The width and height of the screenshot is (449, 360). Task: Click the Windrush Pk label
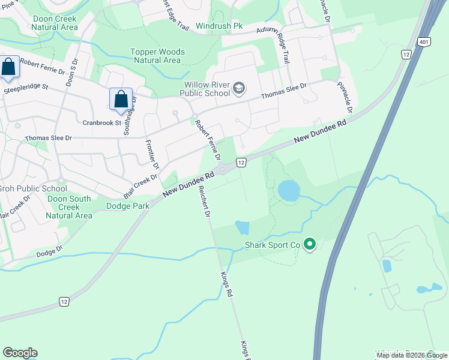click(x=219, y=27)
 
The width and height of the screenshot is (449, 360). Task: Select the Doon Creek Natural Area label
click(x=55, y=23)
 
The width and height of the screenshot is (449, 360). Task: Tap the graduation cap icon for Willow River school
click(x=238, y=89)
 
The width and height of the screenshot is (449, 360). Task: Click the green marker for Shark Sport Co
click(x=310, y=244)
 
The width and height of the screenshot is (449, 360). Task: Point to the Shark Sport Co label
click(x=272, y=245)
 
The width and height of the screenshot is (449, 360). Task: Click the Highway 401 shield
click(x=424, y=41)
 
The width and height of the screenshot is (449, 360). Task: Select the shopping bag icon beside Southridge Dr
click(x=121, y=100)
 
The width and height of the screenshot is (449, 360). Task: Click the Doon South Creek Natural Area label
click(x=69, y=207)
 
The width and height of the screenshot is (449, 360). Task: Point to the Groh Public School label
click(x=32, y=188)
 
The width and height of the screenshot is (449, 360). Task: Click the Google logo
click(x=20, y=353)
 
